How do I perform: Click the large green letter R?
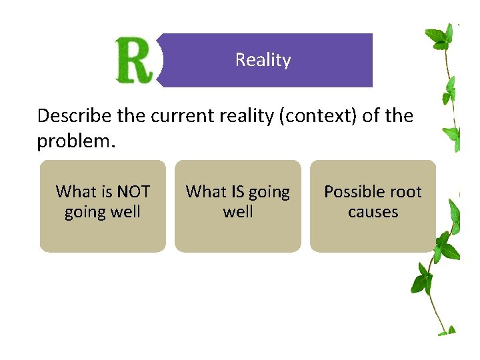135,61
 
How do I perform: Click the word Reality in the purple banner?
263,60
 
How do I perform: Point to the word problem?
75,141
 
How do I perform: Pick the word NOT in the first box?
133,192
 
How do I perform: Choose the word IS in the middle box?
238,192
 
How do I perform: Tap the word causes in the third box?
373,212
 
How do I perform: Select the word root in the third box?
407,192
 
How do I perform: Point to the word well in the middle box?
238,212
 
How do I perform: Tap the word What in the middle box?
206,192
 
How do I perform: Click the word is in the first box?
107,192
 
